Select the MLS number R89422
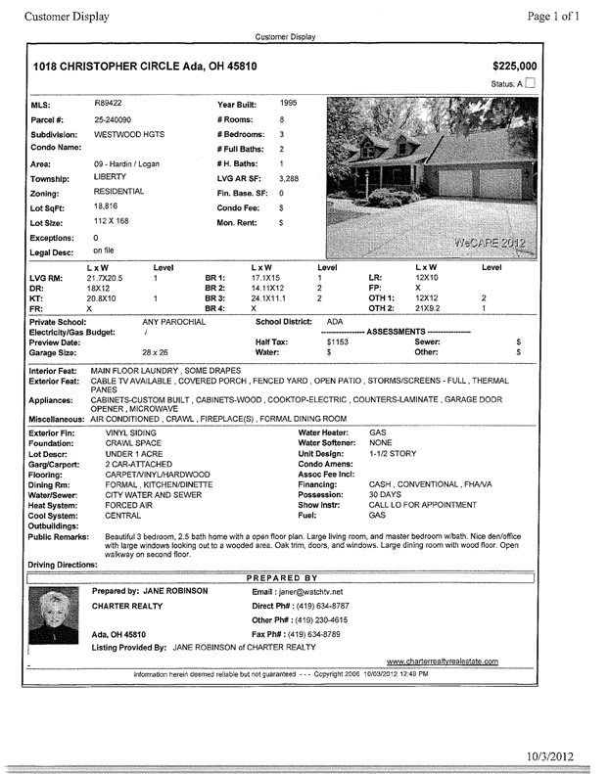pyautogui.click(x=107, y=102)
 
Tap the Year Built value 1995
pyautogui.click(x=288, y=102)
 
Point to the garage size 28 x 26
pyautogui.click(x=155, y=352)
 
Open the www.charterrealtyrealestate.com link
pyautogui.click(x=455, y=662)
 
